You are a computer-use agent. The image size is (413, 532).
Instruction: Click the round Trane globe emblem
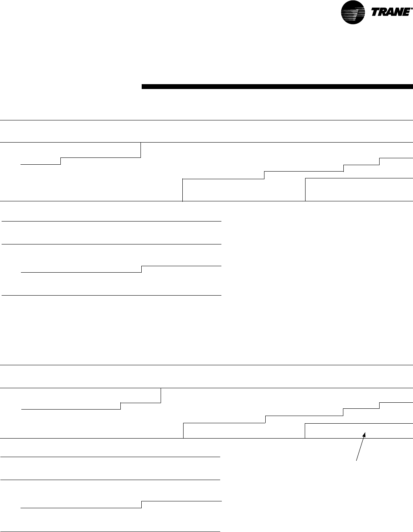(353, 12)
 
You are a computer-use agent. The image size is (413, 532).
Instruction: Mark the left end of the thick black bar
(142, 86)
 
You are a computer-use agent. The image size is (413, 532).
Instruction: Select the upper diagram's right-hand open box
(359, 189)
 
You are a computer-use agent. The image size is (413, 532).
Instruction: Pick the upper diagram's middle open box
(244, 189)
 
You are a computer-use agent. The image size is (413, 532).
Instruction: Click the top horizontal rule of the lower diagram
(206, 365)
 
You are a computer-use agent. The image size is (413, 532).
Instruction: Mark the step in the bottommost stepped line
(142, 505)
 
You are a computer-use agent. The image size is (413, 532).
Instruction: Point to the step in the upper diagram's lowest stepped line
(142, 269)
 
